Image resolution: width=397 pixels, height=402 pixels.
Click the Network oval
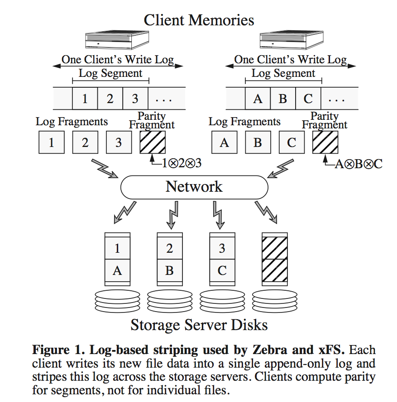(194, 187)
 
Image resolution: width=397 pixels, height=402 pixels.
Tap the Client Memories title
(199, 20)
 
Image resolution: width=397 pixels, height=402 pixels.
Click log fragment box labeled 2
(85, 143)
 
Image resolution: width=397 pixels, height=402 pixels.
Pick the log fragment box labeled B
(258, 143)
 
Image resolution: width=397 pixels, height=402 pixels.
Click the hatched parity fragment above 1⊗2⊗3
(153, 142)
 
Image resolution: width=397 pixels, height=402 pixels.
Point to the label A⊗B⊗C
(358, 164)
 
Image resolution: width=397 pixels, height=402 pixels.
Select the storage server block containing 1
(117, 248)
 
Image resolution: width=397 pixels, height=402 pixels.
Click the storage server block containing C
(222, 270)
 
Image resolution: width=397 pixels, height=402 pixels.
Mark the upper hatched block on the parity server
(274, 248)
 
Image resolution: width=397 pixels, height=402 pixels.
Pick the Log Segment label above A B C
(283, 73)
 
